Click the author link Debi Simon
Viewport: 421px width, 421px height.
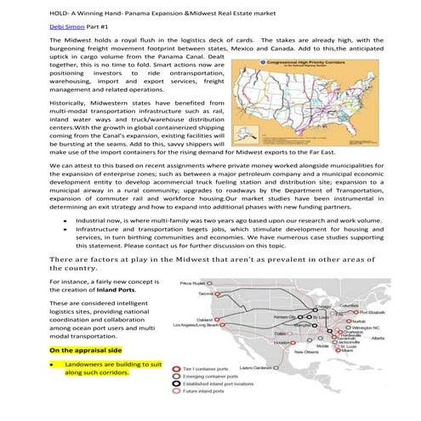(26, 27)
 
